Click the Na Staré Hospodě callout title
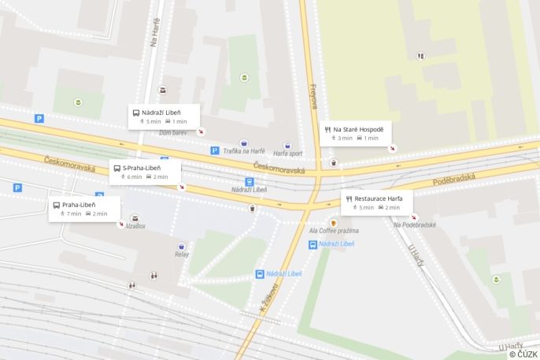coord(358,129)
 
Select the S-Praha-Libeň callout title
coord(142,168)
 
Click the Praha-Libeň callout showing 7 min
coord(84,209)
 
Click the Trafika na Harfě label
coord(244,150)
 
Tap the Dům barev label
coord(173,132)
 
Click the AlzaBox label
coord(135,226)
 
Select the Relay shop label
coord(182,254)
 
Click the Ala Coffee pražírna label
coord(334,231)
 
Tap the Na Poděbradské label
coord(415,225)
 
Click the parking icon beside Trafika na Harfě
coord(214,150)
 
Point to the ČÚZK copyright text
coord(523,354)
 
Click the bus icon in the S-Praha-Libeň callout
coord(117,168)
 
